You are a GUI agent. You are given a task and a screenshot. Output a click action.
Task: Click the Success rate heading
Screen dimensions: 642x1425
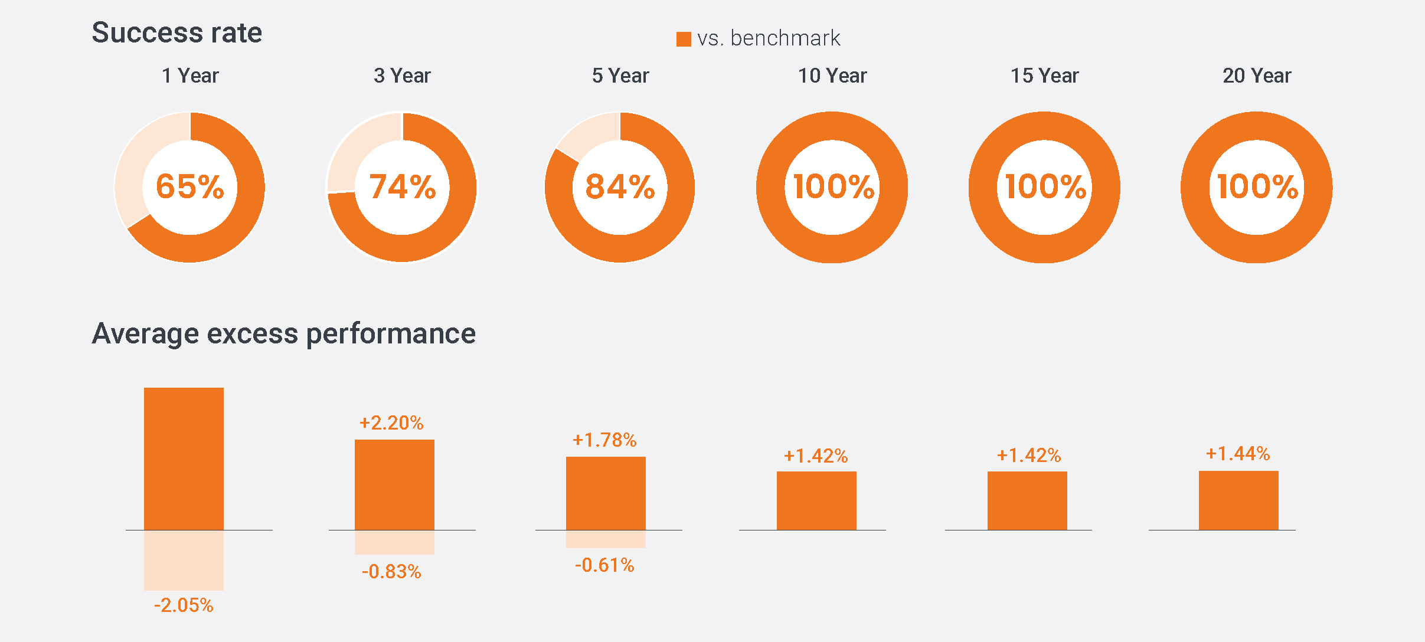tap(177, 32)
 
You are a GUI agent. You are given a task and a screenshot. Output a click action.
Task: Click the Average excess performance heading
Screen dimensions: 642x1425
tap(283, 333)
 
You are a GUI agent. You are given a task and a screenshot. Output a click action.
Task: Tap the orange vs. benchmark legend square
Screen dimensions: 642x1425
tap(684, 39)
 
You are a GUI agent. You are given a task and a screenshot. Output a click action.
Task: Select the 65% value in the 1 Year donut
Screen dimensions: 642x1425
tap(189, 186)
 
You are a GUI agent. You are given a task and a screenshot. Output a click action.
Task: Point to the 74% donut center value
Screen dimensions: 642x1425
tap(402, 186)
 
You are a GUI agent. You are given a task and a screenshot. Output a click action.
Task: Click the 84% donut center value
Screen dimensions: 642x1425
tap(620, 186)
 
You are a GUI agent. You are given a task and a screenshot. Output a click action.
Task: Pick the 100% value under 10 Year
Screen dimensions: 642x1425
tap(832, 186)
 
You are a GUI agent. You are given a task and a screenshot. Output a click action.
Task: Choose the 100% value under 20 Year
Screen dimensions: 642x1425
tap(1257, 186)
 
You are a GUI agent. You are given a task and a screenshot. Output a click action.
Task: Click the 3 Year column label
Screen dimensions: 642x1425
tap(402, 76)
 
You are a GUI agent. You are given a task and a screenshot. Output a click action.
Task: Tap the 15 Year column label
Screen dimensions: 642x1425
tap(1044, 76)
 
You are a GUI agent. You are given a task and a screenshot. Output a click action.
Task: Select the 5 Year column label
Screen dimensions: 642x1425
tap(620, 76)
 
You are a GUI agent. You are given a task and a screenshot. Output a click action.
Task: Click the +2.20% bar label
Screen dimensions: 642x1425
tap(391, 422)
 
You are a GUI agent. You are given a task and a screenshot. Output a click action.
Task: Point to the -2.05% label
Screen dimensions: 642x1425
tap(184, 605)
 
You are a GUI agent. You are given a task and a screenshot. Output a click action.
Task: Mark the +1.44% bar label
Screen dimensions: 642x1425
tap(1238, 453)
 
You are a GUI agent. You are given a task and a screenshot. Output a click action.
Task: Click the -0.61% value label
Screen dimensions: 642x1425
tap(604, 565)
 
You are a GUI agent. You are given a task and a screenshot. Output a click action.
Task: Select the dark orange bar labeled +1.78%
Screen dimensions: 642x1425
tap(606, 493)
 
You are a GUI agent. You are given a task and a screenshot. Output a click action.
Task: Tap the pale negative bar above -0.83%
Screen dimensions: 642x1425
tap(394, 542)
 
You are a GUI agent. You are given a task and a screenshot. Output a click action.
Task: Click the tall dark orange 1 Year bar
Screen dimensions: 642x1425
tap(184, 458)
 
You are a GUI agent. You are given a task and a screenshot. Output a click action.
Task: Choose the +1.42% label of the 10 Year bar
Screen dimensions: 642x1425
tap(816, 456)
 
